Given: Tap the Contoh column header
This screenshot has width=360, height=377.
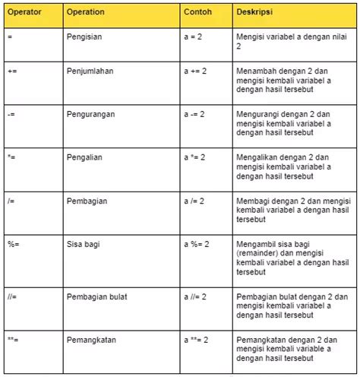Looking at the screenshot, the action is (x=197, y=13).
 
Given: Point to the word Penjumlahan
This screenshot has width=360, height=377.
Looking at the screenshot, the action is (x=90, y=69).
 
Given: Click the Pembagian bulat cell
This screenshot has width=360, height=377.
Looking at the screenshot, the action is (x=96, y=293).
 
